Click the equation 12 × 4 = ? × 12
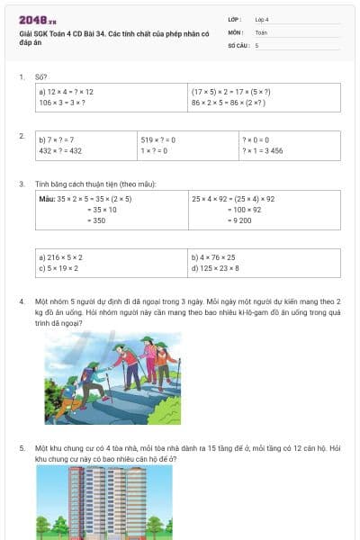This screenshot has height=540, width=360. (67, 92)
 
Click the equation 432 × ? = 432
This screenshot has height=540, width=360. (60, 151)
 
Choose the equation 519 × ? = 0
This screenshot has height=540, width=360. (157, 140)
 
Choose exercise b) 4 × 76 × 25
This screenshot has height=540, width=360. (212, 257)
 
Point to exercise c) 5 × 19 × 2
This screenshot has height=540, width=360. (58, 268)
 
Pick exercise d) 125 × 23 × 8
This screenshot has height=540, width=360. (215, 268)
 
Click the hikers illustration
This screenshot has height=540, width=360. (112, 366)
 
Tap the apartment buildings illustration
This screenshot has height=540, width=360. (91, 502)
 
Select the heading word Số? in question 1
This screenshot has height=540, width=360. (40, 77)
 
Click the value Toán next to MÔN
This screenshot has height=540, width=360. (261, 31)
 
